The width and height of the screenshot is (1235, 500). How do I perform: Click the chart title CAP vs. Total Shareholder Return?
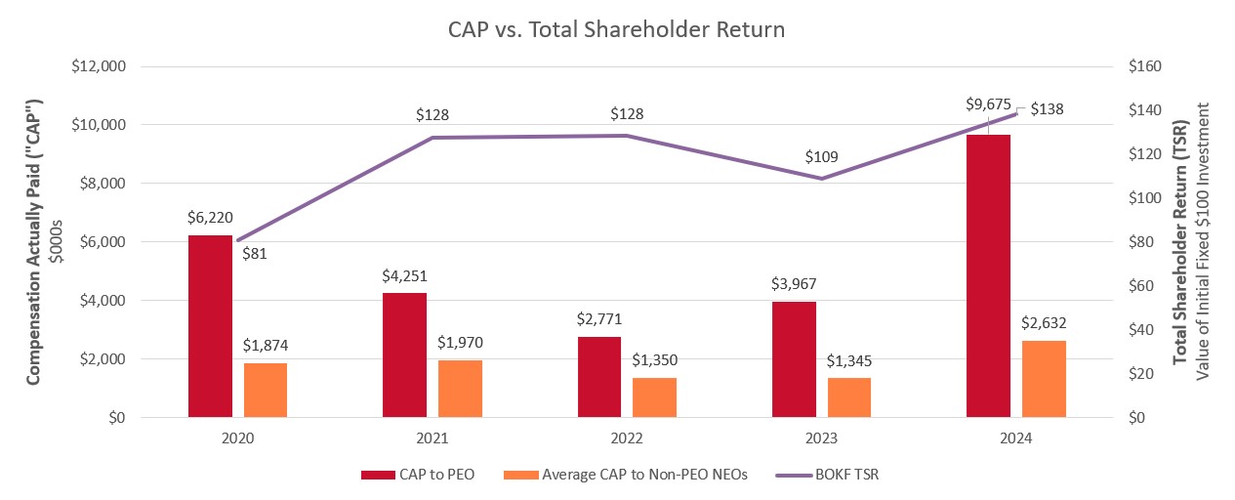616,29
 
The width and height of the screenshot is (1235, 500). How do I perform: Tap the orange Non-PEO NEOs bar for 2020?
266,390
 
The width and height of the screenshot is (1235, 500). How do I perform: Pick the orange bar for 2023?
849,397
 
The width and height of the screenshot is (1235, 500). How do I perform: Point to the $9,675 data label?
988,105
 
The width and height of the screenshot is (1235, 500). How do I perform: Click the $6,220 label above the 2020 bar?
210,219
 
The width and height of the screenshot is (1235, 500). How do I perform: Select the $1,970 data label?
459,343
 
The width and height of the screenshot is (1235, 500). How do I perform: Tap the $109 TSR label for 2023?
822,156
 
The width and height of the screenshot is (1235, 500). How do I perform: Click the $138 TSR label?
1047,108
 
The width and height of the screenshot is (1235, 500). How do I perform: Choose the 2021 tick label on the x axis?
432,439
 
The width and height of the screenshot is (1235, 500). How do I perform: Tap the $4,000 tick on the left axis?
102,301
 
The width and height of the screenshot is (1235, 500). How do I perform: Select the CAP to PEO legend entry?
421,476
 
